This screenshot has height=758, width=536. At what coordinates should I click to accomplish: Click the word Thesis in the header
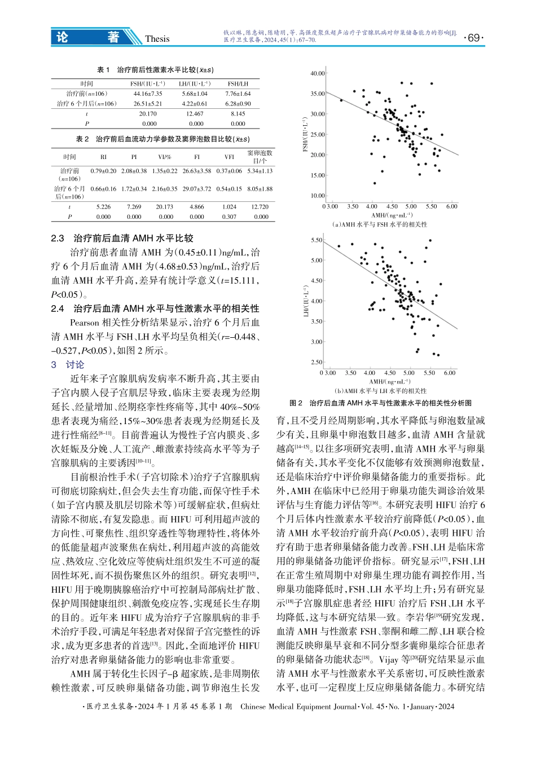coord(157,39)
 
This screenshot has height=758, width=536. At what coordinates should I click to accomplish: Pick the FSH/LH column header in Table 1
coord(238,83)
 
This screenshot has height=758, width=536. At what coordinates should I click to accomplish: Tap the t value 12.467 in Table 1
coord(196,114)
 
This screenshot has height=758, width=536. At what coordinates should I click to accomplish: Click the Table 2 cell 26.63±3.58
coord(197,171)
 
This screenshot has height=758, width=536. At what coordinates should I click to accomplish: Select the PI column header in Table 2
coord(134,157)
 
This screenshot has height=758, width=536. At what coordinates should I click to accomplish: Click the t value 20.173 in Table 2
coord(166,207)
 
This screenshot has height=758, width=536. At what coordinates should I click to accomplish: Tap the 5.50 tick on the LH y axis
coord(317,240)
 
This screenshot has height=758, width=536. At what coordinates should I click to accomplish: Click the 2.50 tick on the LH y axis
coord(317,362)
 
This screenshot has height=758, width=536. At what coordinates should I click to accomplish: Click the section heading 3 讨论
coord(67,364)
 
